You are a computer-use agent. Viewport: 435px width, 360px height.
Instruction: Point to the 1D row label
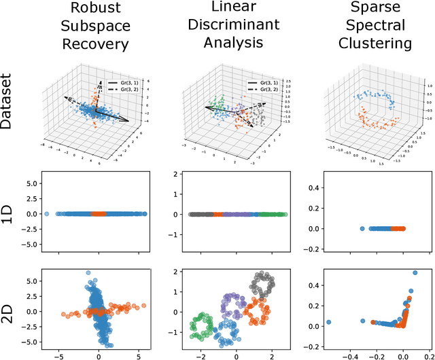[12, 214]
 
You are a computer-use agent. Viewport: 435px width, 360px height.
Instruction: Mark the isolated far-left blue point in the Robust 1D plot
[46, 213]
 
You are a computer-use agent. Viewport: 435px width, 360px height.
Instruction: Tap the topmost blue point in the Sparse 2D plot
[415, 274]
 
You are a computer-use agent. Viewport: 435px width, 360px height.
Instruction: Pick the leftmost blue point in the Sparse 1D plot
[362, 229]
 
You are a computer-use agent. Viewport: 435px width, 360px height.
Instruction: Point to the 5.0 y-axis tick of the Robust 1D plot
[28, 184]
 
